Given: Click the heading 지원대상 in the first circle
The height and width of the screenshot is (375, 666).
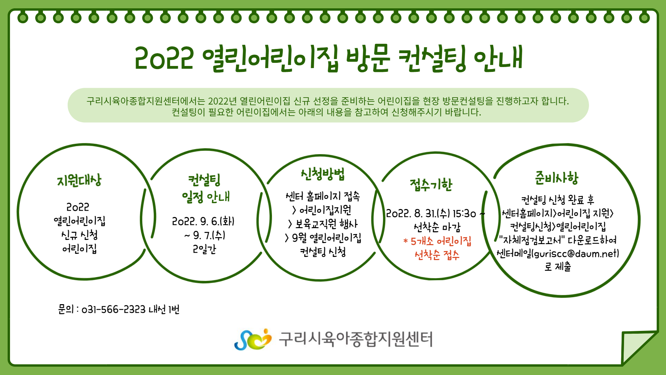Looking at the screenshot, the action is [x=79, y=181].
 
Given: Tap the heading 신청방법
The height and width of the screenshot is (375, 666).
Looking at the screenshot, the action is [x=323, y=174].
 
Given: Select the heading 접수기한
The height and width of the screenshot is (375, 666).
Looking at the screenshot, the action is [x=431, y=185].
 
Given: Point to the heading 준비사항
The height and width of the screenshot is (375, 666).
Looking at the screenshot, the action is [x=556, y=178].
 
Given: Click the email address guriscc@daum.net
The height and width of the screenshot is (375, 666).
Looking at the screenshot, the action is [x=576, y=253].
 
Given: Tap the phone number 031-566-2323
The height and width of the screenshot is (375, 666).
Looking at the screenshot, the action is [x=113, y=309].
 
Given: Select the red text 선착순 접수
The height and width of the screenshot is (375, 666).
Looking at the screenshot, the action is [x=437, y=255].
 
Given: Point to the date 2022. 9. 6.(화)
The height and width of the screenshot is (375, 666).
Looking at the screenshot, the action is [x=203, y=222].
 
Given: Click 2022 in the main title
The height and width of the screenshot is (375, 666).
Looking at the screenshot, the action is [x=164, y=58].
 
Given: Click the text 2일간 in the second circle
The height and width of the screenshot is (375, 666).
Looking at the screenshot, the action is [x=204, y=249].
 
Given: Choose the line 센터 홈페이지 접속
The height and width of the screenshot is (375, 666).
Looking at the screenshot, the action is [x=323, y=197].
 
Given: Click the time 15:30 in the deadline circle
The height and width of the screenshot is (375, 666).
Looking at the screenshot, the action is [x=464, y=214].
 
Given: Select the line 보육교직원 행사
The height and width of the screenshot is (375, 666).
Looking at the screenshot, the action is [x=326, y=224].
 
